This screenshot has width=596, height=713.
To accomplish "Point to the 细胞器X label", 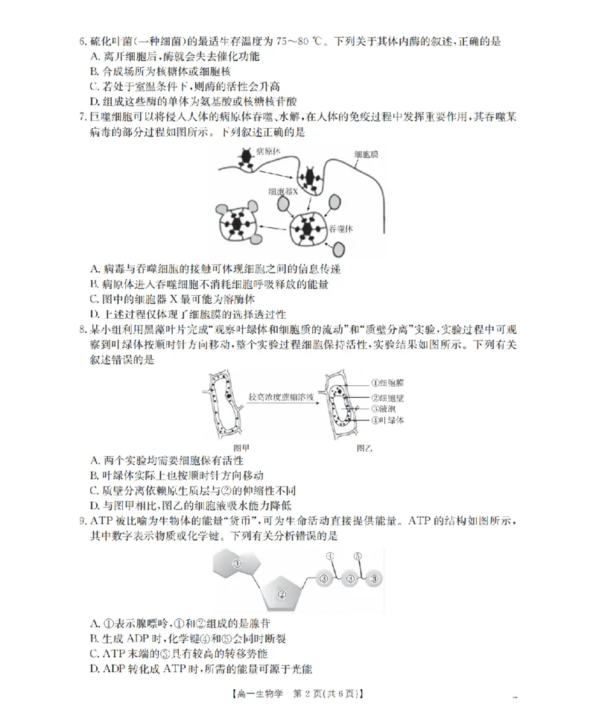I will (x=285, y=191).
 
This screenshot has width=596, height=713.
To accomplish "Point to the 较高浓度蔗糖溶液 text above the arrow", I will (x=282, y=398).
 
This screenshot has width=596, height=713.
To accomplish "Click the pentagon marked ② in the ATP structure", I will (x=282, y=594).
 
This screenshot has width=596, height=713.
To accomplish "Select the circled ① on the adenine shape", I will (x=235, y=563).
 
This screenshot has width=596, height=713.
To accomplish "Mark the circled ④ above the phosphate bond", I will (x=329, y=556).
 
